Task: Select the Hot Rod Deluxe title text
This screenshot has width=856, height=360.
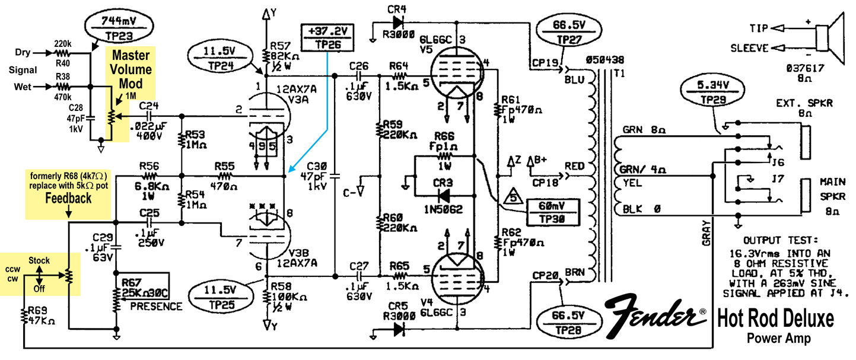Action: [x=776, y=319]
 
